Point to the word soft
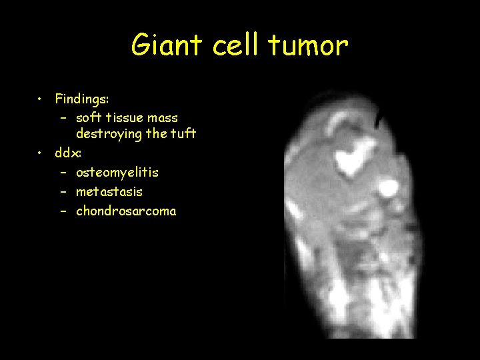(89, 118)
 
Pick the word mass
(165, 118)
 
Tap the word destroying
(109, 134)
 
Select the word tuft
(182, 133)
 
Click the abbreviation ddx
(68, 153)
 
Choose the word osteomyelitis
(117, 173)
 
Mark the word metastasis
(109, 192)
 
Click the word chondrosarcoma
(126, 211)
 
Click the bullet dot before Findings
(41, 99)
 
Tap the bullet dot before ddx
(41, 153)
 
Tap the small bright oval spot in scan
(386, 187)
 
